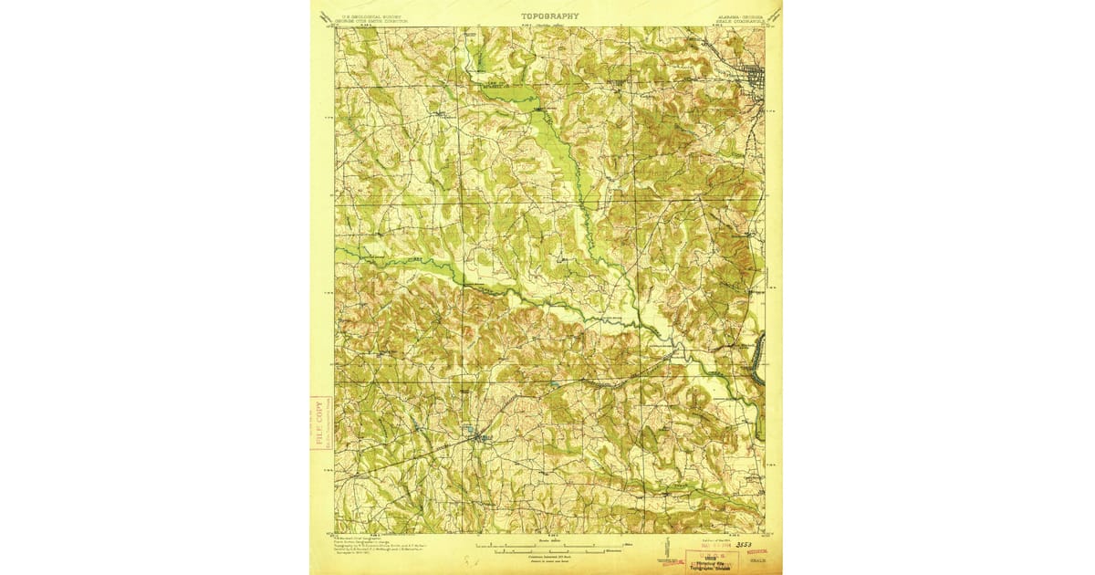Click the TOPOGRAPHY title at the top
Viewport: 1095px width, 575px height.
[x=549, y=16]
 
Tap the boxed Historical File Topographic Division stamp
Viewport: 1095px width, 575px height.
[x=711, y=559]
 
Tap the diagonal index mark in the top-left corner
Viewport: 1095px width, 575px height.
[x=325, y=16]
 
